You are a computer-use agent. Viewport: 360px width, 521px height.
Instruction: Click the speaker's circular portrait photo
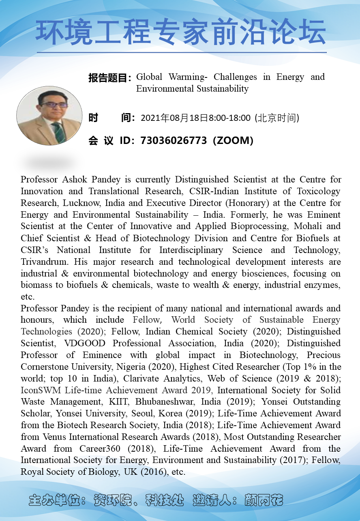49,116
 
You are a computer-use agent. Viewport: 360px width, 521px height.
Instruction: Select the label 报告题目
108,78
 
